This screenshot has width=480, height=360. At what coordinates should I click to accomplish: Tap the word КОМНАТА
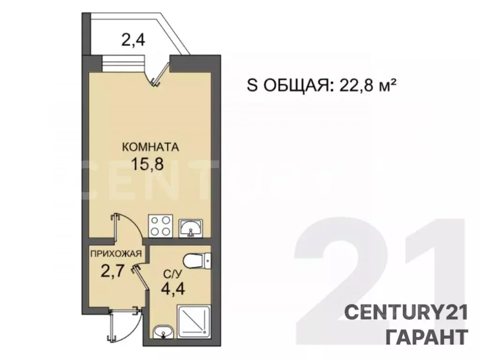click(150, 147)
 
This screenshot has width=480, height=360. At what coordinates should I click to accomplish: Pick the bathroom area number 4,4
click(173, 287)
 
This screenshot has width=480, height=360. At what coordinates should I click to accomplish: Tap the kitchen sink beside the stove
click(191, 228)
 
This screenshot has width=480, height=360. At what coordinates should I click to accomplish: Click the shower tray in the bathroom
click(194, 322)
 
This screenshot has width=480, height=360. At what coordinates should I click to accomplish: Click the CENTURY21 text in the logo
click(406, 312)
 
